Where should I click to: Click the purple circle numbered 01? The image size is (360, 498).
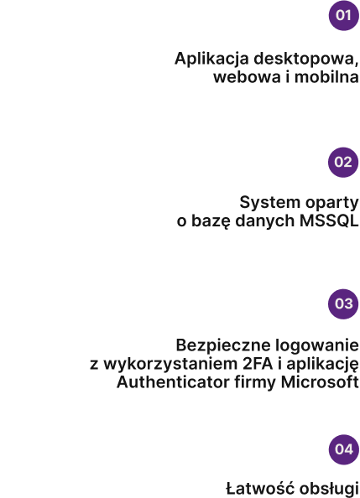(x=343, y=15)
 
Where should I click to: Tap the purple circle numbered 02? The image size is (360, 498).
(x=343, y=162)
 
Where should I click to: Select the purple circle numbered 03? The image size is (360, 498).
(x=343, y=304)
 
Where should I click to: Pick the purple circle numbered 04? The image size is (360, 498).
(x=344, y=449)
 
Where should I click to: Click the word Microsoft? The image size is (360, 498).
(x=320, y=381)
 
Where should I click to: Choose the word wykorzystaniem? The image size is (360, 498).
(x=170, y=365)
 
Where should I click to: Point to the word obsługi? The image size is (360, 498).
(x=329, y=490)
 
